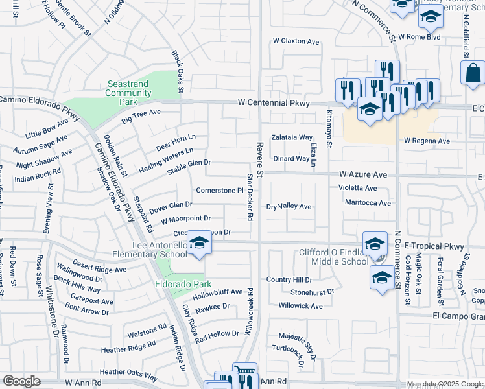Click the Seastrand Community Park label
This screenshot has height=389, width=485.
[128, 93]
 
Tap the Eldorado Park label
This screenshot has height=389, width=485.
[174, 284]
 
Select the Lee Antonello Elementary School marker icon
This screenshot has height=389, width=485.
[200, 244]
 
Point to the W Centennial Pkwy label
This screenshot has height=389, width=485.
[273, 103]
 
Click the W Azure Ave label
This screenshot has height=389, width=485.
[362, 175]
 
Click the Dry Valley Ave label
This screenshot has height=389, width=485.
[289, 207]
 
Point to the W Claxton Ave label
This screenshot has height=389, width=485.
[296, 41]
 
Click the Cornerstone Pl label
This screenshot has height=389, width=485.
[219, 191]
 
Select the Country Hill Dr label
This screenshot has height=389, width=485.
[289, 280]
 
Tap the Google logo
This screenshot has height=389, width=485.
[22, 381]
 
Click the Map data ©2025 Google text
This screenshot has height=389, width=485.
[444, 384]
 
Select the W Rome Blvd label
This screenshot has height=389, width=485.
[420, 37]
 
